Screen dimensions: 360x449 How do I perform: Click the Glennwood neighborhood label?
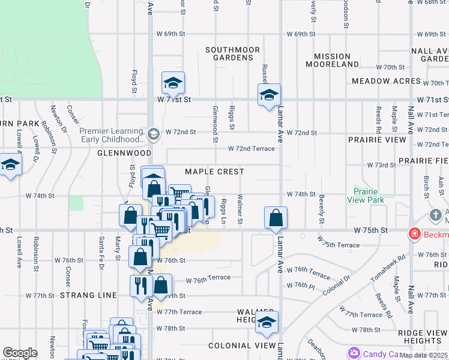(119, 153)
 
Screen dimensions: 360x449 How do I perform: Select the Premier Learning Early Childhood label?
(113, 135)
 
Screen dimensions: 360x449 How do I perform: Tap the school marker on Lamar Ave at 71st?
(269, 94)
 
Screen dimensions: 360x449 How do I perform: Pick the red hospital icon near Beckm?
(414, 233)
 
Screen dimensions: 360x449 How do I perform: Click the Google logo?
(20, 353)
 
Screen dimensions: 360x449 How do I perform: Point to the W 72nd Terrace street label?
(251, 149)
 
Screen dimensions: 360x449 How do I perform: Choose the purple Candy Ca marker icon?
(354, 353)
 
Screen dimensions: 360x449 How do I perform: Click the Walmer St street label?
(240, 208)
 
